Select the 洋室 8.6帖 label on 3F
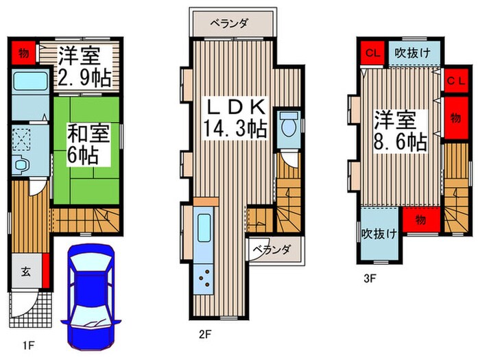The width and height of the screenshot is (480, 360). tap(400, 132)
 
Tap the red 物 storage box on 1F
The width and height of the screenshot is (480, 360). tap(23, 51)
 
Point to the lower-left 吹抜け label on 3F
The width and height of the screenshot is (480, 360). tap(379, 234)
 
